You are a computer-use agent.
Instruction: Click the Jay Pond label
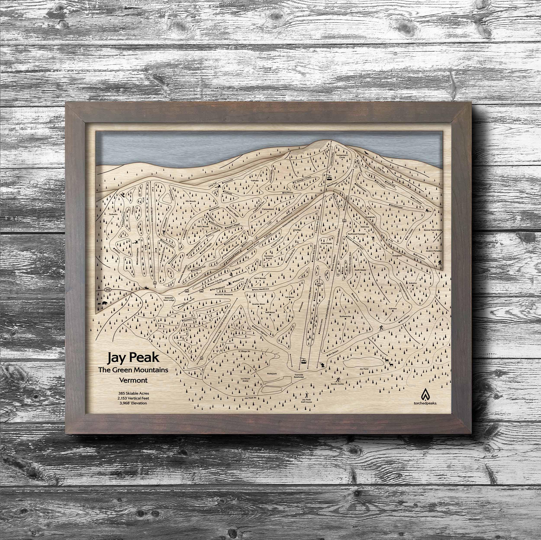[364, 369]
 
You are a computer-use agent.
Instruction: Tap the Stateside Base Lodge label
[169, 299]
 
